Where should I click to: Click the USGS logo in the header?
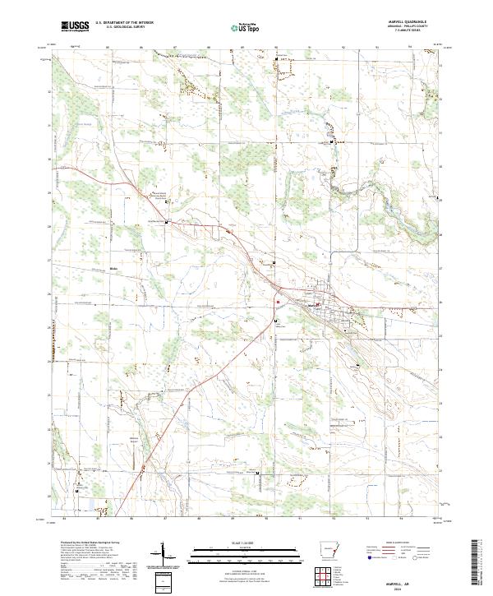pyautogui.click(x=74, y=26)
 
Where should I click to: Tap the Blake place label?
pyautogui.click(x=115, y=269)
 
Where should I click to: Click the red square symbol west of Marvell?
pyautogui.click(x=278, y=301)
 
